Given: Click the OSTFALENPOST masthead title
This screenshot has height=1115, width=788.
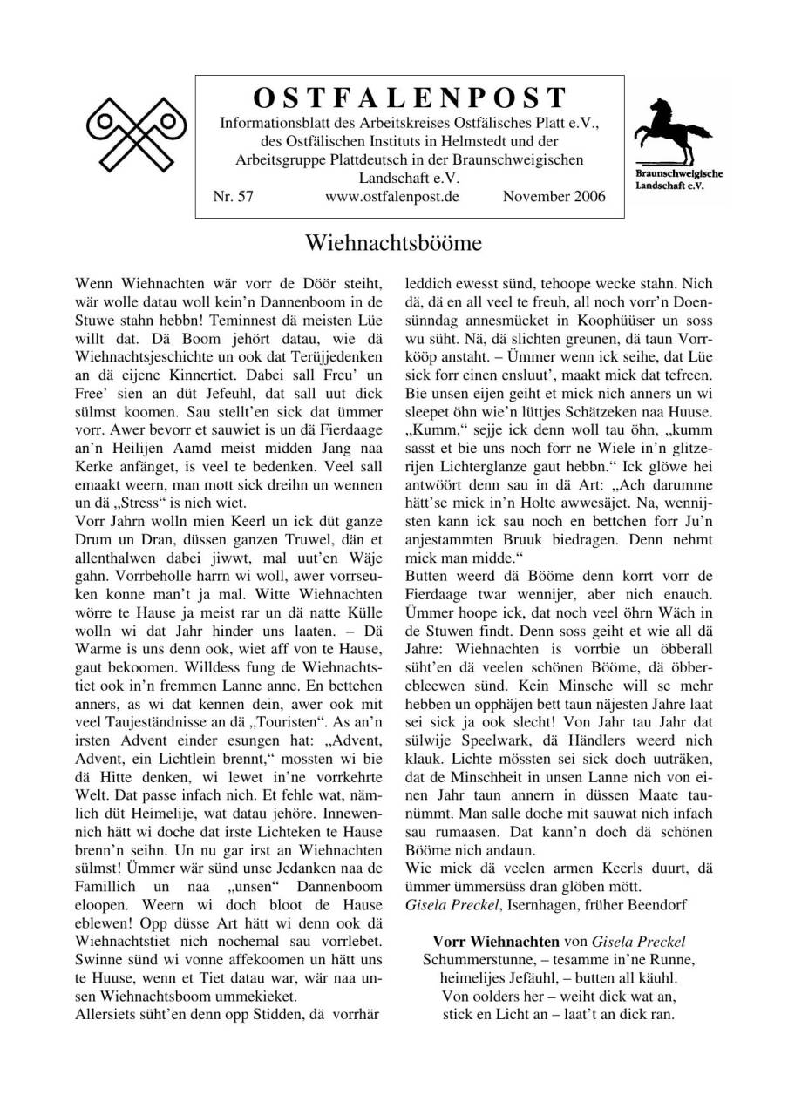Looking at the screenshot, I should (410, 98).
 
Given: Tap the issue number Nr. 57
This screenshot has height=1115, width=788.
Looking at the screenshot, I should (233, 197).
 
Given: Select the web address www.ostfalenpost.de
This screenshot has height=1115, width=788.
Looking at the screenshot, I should (391, 197).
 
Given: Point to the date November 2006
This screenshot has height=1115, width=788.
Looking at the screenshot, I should (554, 197).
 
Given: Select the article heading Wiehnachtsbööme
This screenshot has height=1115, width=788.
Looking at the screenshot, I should (393, 242).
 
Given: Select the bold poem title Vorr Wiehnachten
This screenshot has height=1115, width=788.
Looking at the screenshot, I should (496, 942).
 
